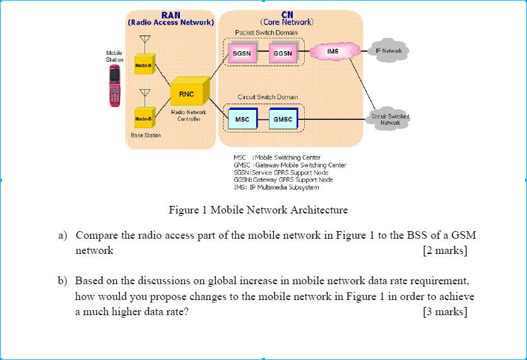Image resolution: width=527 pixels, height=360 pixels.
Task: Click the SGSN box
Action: point(242,54)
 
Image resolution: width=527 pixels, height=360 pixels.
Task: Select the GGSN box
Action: point(282,54)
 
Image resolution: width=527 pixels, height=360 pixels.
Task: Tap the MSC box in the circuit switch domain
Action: point(242,119)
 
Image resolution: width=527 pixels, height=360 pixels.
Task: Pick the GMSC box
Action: point(282,119)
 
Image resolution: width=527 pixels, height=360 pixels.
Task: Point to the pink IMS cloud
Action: point(333,51)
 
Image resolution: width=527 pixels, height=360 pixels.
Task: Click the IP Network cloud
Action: point(388,51)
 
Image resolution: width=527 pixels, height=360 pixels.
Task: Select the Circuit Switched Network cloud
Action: point(390,119)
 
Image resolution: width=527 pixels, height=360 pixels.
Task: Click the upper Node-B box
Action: point(144,65)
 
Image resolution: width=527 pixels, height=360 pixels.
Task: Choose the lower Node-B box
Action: point(144,118)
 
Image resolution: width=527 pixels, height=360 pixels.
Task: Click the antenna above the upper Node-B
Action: point(144,41)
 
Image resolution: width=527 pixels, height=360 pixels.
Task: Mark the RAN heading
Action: point(170,15)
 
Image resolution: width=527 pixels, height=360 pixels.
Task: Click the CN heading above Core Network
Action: point(287,15)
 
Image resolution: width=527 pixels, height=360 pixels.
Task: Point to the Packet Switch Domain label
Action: point(266,32)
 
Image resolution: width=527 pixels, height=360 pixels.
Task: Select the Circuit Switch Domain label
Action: point(268,97)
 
